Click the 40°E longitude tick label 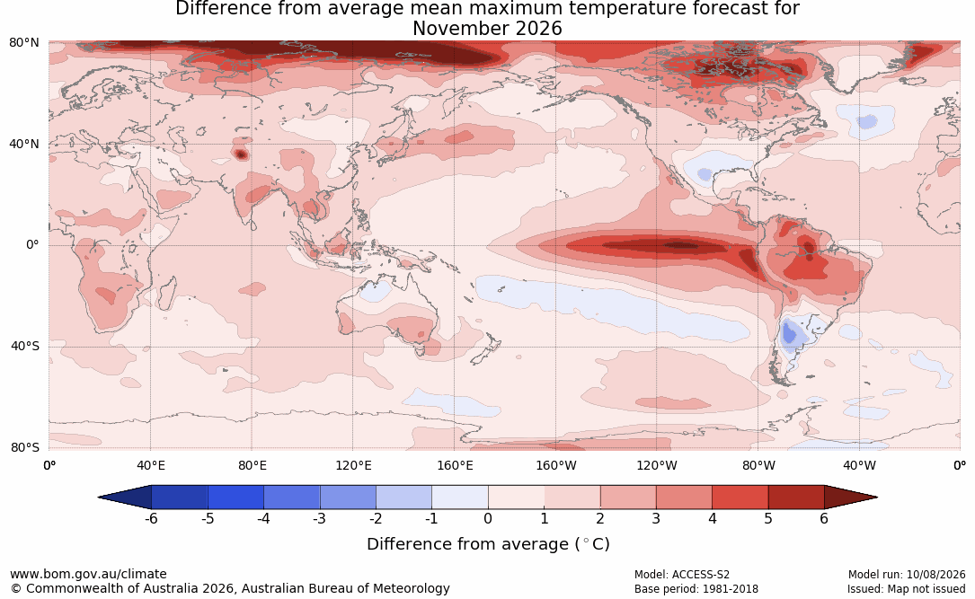pos(150,465)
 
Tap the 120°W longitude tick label pos(657,465)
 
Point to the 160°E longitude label pos(455,465)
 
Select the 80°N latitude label pos(24,42)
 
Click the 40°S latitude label pos(24,346)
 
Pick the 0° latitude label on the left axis pos(32,245)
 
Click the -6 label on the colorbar pos(151,518)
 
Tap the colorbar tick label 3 pos(656,518)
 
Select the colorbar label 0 pos(488,518)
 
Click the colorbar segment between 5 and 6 pos(796,498)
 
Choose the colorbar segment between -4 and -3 pos(292,498)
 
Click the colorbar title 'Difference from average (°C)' pos(488,544)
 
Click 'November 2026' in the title pos(487,29)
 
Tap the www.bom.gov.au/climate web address pos(88,574)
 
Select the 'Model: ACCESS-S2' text pos(682,575)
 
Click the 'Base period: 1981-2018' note pos(696,589)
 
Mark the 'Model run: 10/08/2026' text pos(907,575)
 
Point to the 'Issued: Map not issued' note pos(906,589)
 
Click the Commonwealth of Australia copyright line pos(230,588)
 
